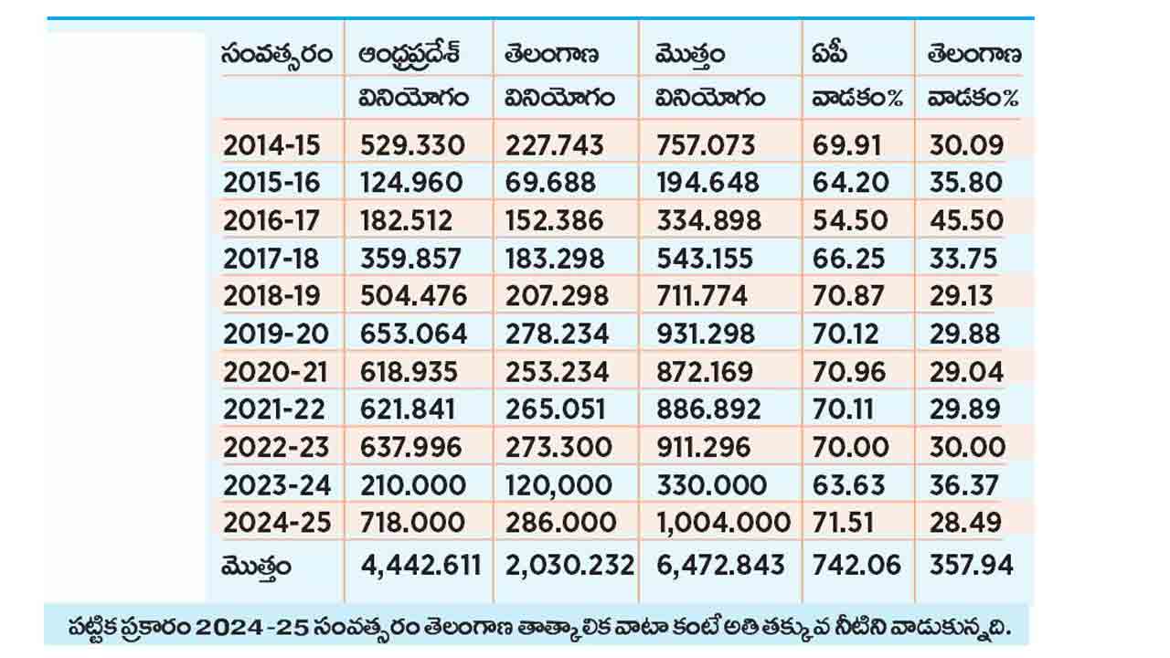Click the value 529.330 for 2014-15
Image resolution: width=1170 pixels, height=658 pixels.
click(x=412, y=145)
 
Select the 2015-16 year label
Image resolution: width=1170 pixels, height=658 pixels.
click(x=271, y=183)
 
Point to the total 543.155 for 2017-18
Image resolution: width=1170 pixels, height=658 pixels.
click(x=707, y=259)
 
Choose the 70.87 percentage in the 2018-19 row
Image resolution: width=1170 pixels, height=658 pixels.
click(x=849, y=296)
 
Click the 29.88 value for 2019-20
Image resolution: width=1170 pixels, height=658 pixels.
click(x=966, y=334)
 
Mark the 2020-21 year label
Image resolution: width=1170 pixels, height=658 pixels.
click(x=271, y=372)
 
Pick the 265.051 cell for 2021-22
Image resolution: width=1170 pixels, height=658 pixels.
click(x=554, y=409)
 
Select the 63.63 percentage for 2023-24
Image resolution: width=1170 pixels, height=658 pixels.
click(x=849, y=484)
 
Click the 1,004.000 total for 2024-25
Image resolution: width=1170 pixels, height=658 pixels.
click(x=723, y=523)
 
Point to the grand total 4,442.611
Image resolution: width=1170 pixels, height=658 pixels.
click(x=420, y=565)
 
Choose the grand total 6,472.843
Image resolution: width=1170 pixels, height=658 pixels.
click(x=720, y=565)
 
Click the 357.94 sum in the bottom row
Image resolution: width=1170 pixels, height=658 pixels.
click(x=971, y=565)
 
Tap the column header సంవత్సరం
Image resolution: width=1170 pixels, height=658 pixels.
click(x=275, y=56)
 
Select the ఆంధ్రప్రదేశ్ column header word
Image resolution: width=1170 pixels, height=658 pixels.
click(x=409, y=56)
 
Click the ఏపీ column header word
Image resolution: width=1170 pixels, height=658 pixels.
click(x=829, y=56)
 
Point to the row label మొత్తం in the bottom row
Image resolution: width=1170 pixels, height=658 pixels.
click(x=257, y=567)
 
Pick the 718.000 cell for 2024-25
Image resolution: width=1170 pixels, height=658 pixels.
click(x=412, y=523)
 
